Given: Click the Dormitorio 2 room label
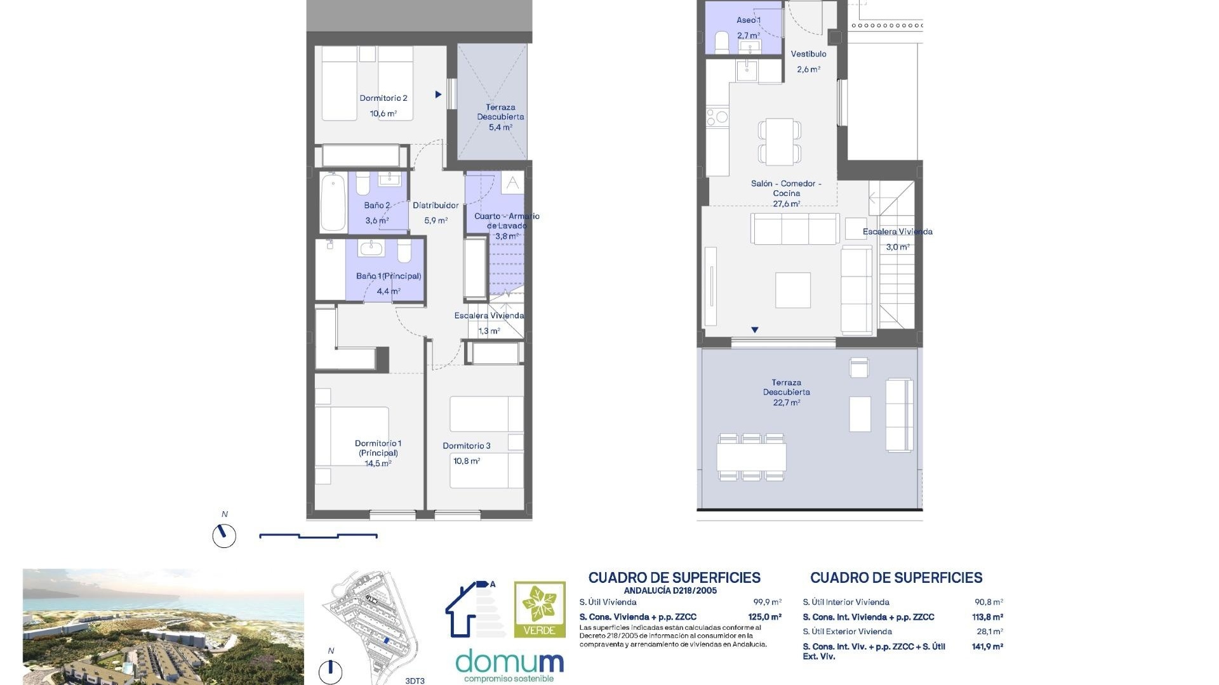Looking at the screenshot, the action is (x=383, y=98).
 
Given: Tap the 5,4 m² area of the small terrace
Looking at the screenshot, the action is (x=500, y=127).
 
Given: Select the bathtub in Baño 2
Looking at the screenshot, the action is (x=333, y=202).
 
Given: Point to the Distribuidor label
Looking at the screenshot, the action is (x=436, y=205).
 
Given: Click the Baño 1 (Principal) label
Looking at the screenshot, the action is (x=389, y=276).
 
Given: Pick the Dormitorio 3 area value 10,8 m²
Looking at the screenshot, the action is (x=467, y=461).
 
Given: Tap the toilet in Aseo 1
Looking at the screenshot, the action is (x=722, y=42).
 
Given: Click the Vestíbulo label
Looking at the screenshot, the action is (x=808, y=54).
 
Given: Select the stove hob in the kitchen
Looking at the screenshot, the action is (x=717, y=117).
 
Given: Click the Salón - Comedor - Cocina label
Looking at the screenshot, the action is (x=786, y=188).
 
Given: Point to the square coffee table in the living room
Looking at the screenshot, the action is (x=793, y=290).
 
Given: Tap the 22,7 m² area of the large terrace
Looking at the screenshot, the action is (x=787, y=403).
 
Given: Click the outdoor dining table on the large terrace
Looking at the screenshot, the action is (x=752, y=457).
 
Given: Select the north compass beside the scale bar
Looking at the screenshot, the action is (x=224, y=535).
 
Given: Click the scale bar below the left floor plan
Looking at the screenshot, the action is (x=318, y=536).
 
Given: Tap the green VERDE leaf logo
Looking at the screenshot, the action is (x=540, y=610).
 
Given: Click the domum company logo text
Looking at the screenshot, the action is (x=510, y=662).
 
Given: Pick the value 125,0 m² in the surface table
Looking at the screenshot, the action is (x=765, y=616).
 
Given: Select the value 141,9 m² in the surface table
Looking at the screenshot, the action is (x=987, y=646).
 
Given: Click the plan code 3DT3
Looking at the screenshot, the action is (x=415, y=681).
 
